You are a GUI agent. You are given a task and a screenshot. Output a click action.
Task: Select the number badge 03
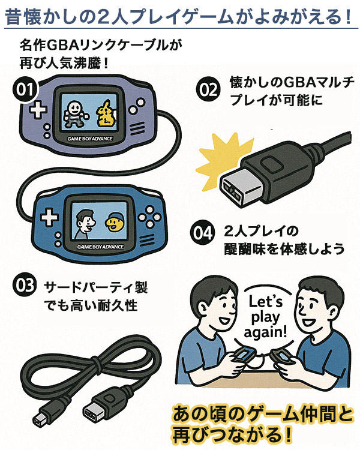(x=23, y=286)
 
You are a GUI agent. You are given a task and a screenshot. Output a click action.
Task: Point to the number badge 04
(x=204, y=231)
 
